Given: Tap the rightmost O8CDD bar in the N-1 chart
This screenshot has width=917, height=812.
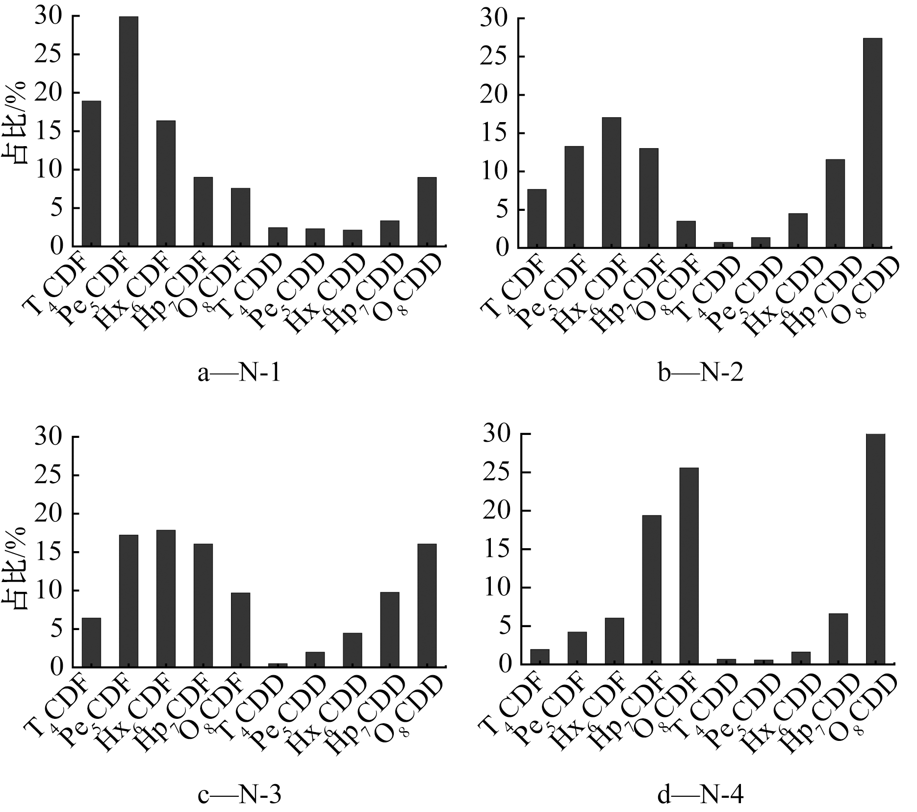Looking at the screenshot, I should (x=427, y=211).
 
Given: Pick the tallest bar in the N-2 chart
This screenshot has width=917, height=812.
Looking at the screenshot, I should (x=872, y=143).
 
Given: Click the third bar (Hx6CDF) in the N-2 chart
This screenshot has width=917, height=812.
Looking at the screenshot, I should (x=611, y=182).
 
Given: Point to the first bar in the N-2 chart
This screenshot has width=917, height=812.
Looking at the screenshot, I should (x=537, y=218).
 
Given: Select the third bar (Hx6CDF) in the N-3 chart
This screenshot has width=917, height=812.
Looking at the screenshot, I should (x=166, y=598).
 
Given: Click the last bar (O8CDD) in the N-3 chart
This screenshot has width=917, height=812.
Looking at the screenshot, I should (x=427, y=605).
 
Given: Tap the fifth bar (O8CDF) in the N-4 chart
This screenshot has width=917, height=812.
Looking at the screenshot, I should (x=689, y=566).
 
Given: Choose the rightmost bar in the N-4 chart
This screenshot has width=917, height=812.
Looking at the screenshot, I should (x=875, y=549).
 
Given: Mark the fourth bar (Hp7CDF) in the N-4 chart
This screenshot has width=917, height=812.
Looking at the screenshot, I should (x=652, y=589).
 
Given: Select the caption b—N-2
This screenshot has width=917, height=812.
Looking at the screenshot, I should (x=701, y=373).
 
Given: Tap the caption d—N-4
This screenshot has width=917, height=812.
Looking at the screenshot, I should (x=701, y=795).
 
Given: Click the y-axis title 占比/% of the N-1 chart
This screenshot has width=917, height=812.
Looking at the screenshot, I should (x=18, y=133).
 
